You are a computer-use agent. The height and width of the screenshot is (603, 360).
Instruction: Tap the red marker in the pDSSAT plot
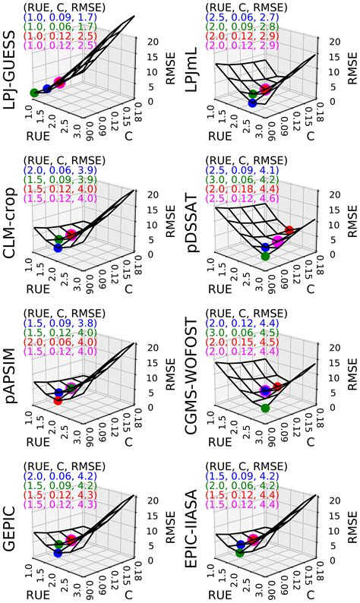pyautogui.click(x=289, y=230)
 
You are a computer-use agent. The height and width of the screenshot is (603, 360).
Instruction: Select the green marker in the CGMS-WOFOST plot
pyautogui.click(x=265, y=408)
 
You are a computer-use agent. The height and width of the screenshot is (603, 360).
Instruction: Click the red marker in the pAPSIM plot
pyautogui.click(x=58, y=401)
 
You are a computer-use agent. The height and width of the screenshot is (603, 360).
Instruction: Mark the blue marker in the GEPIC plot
pyautogui.click(x=58, y=554)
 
